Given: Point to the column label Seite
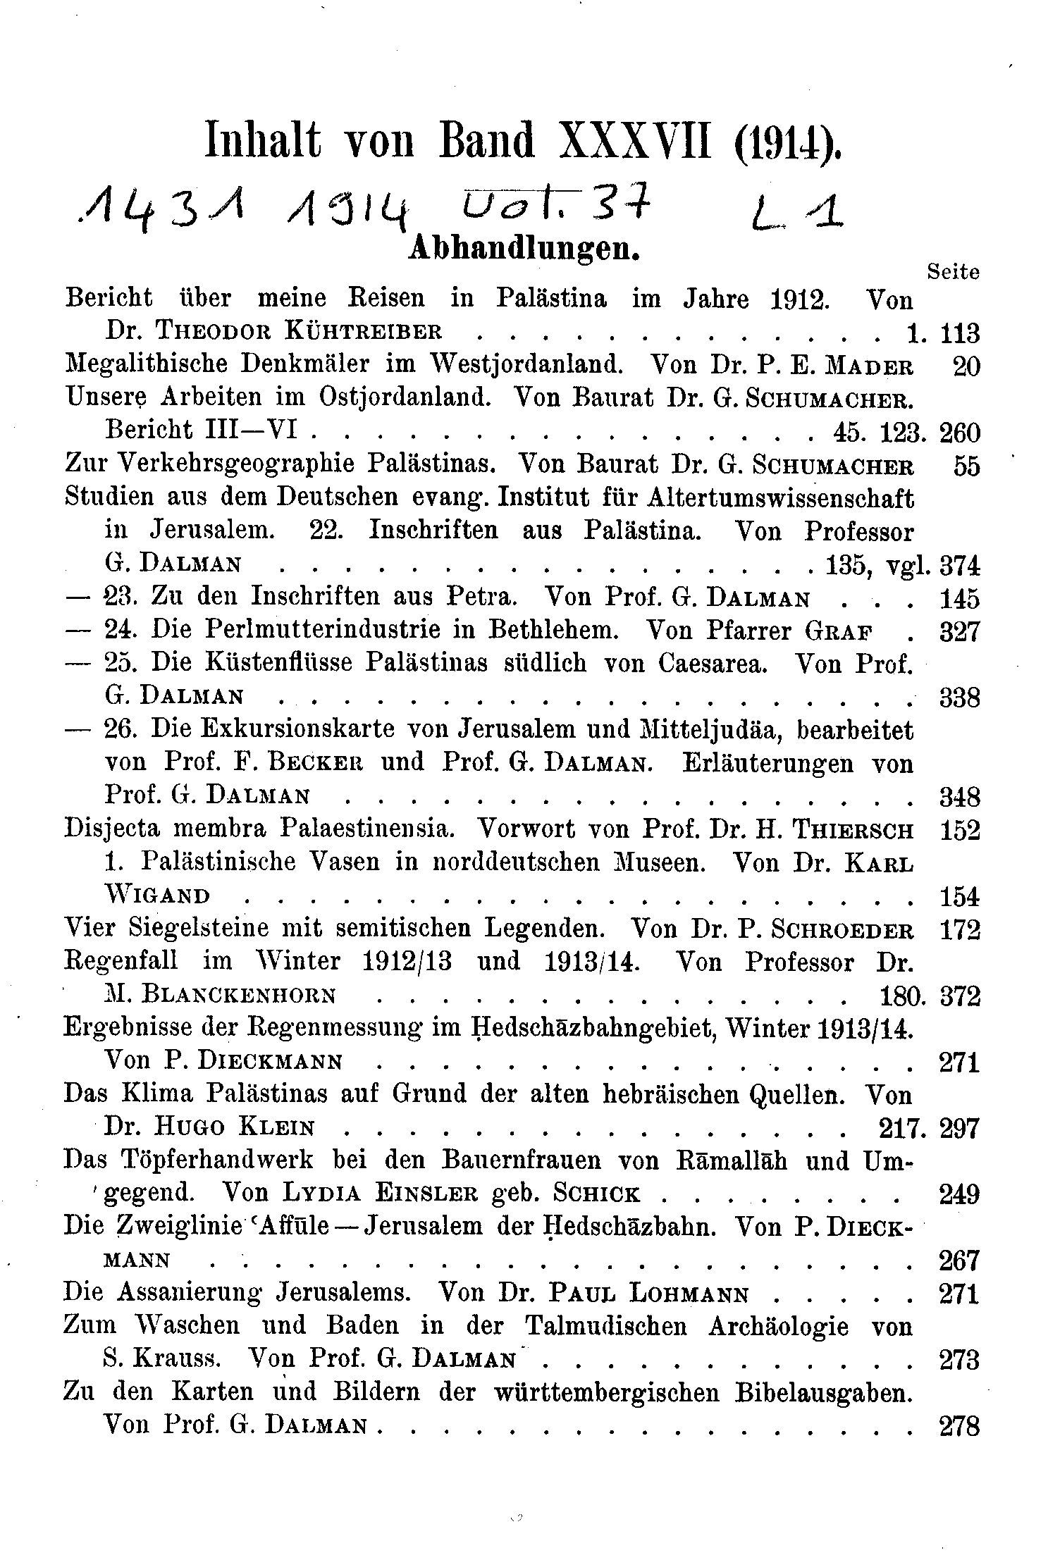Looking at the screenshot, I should [953, 272].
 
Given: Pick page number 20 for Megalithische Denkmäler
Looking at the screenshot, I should [966, 366].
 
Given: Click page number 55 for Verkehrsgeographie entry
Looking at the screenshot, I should [966, 466].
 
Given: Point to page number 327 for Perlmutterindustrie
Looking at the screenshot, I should [959, 631].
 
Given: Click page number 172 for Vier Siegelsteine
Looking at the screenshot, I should [959, 931].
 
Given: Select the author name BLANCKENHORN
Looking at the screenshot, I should [238, 996].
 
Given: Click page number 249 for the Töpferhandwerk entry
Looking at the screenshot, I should [959, 1194].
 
